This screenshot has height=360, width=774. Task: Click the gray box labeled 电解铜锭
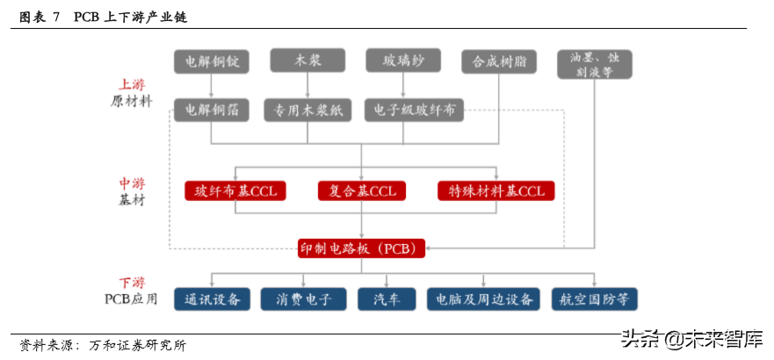pos(212,61)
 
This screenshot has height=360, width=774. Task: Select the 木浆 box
pos(307,60)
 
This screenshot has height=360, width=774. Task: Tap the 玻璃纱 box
pos(401,60)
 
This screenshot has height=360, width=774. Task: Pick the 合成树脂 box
pos(498,61)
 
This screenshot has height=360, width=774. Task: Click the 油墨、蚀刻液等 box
pos(595,65)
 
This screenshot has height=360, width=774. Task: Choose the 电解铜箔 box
pos(212,110)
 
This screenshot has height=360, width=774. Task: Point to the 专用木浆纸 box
pos(307,110)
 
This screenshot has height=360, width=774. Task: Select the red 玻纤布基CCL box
pos(235,191)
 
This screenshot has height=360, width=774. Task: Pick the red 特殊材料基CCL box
pos(496,191)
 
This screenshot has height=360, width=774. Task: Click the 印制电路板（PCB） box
pos(362,248)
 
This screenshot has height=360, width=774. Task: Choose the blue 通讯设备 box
pos(213,299)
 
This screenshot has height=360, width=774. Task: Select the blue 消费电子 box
pos(304,299)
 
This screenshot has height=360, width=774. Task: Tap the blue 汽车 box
pos(387,299)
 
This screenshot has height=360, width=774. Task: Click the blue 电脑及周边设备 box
pos(481,299)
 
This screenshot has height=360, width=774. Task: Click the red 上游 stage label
pos(132,86)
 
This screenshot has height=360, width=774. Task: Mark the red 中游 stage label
pos(132,184)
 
